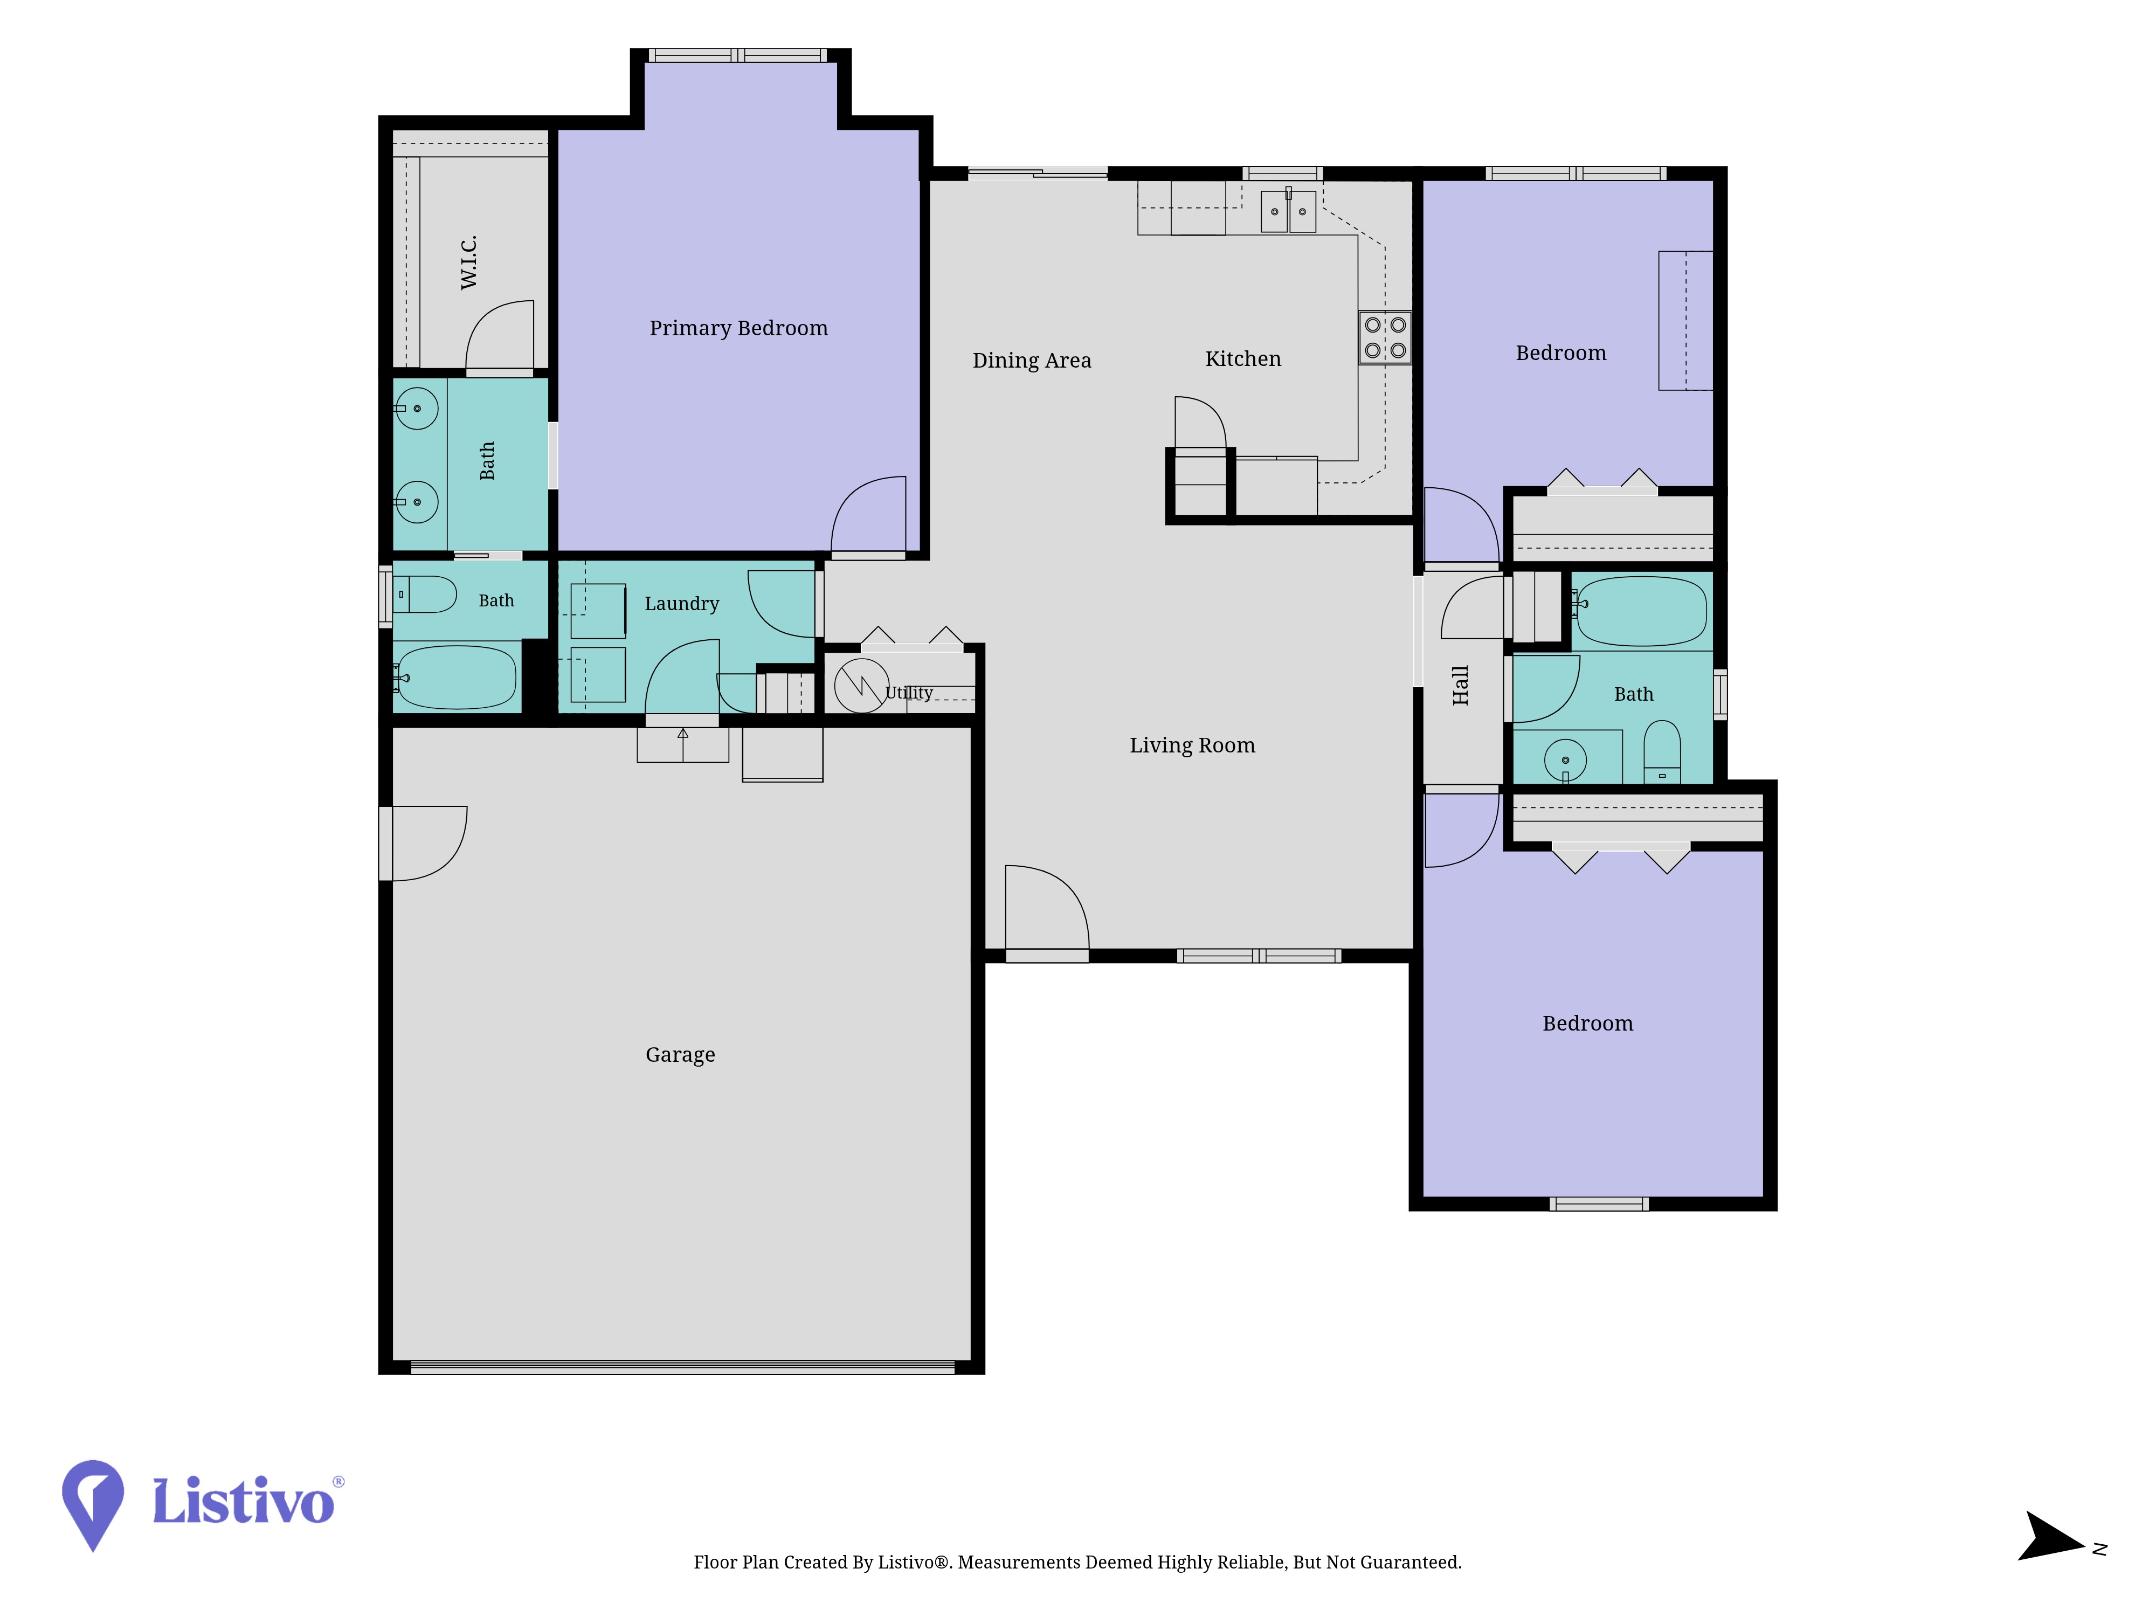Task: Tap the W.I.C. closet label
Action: (469, 262)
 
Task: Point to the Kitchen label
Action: (1243, 358)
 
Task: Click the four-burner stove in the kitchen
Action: (1385, 337)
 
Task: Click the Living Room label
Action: (1192, 745)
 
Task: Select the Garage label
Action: (680, 1055)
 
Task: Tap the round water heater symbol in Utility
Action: (862, 685)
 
